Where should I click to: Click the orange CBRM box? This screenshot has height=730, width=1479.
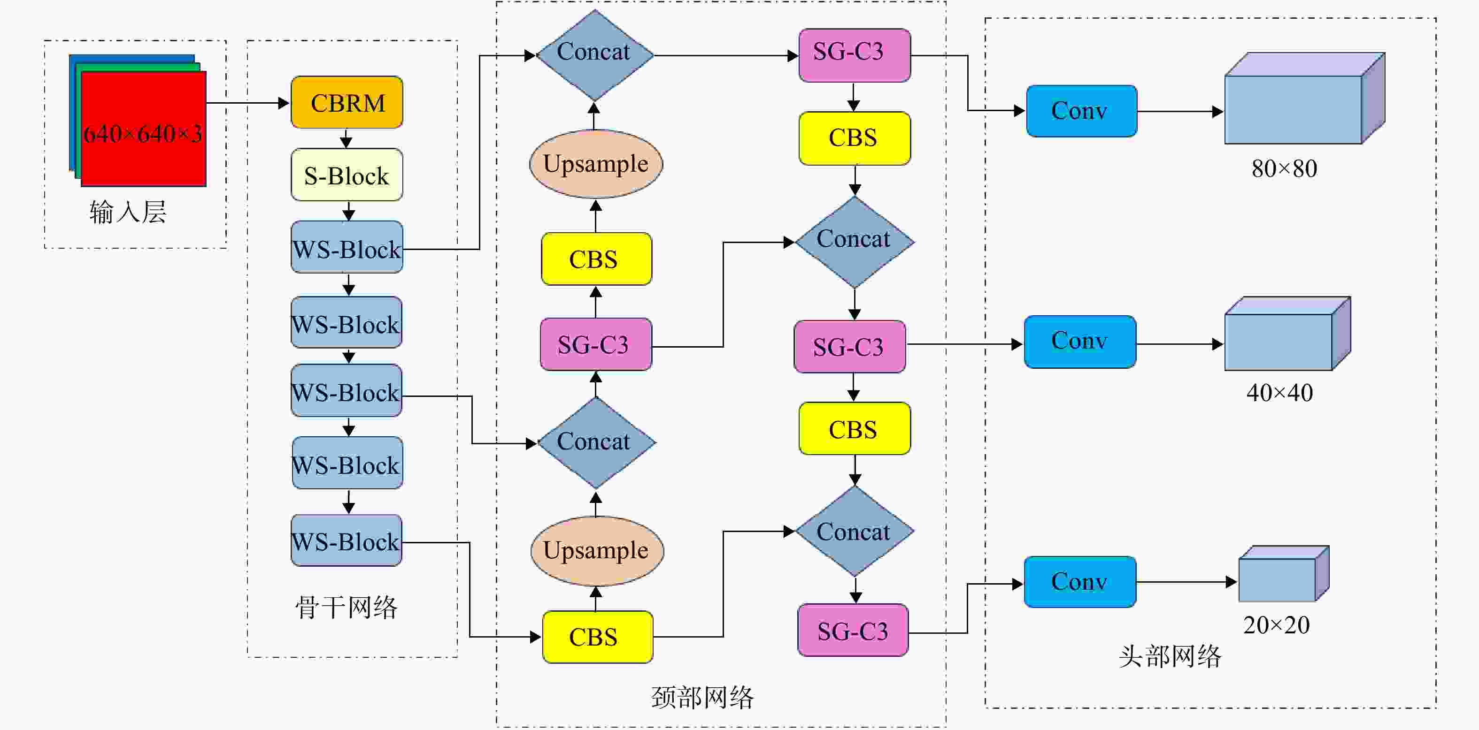[347, 102]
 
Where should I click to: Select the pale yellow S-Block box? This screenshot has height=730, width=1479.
[347, 175]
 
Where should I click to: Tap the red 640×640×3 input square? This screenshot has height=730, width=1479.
[144, 129]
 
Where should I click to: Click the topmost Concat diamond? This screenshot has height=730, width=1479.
[595, 55]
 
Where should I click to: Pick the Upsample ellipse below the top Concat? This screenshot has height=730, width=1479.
[596, 164]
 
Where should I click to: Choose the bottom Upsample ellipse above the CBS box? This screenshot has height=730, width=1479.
[597, 551]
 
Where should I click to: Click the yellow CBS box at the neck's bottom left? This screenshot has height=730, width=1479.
[598, 637]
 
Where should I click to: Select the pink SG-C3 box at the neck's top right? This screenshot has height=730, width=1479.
[855, 55]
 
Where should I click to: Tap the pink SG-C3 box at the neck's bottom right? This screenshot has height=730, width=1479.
[853, 630]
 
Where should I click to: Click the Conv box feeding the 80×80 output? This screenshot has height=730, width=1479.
[1082, 111]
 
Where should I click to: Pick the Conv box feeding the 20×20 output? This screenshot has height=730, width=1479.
[1080, 582]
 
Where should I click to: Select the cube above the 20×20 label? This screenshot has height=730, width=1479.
[1284, 573]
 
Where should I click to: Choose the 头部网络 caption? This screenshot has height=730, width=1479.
[1170, 656]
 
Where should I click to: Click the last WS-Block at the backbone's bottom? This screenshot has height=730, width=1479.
[346, 540]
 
